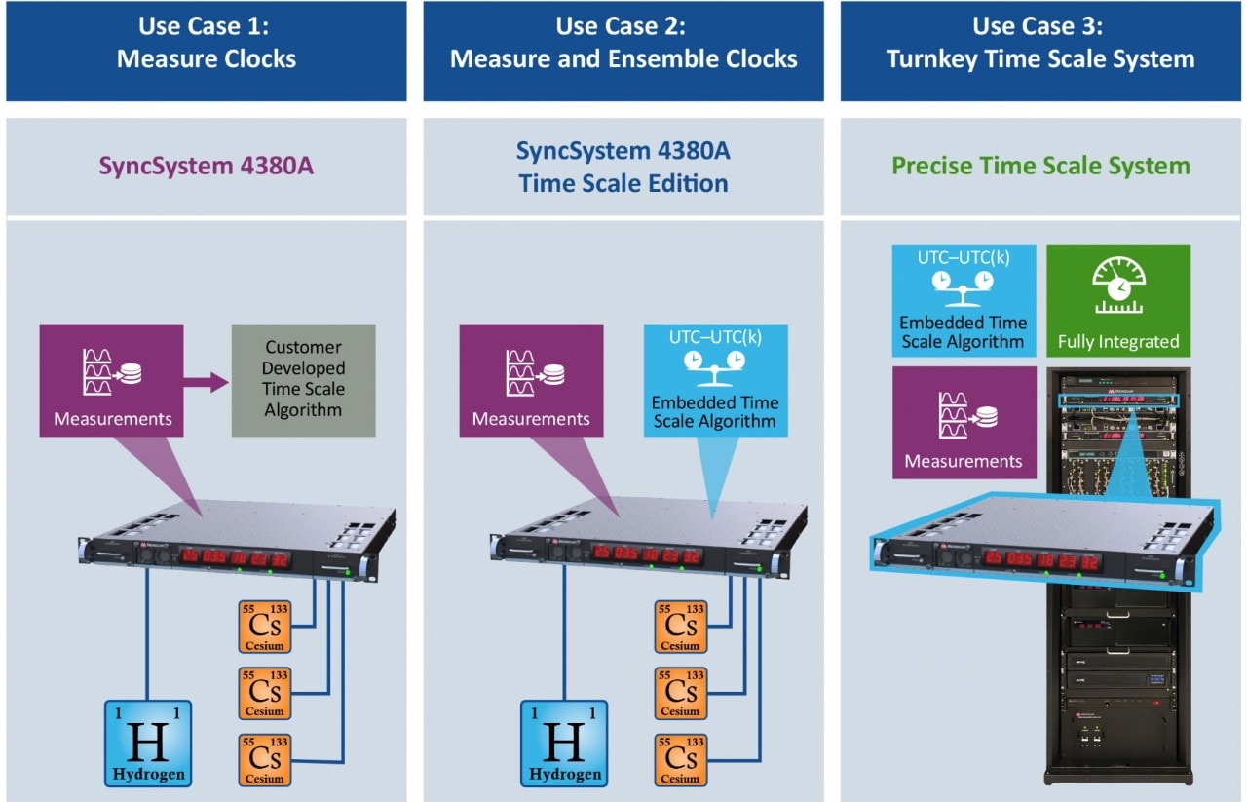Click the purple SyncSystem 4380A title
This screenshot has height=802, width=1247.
[x=207, y=167]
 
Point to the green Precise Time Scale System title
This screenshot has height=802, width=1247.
[x=1040, y=166]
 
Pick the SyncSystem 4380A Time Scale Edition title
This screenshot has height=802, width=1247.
[x=623, y=167]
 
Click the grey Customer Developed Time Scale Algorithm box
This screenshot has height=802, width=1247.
[x=302, y=379]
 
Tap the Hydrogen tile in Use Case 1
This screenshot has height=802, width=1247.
[x=148, y=744]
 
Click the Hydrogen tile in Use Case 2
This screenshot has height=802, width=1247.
[x=563, y=744]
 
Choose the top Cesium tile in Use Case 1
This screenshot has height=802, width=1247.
[x=263, y=626]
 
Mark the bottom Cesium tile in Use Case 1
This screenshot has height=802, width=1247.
[x=263, y=761]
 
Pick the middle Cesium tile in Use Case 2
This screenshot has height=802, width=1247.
[x=680, y=693]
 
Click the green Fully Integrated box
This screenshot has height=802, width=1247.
[x=1118, y=298]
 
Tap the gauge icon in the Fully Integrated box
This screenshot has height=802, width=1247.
[x=1118, y=284]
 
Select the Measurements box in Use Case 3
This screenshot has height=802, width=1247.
[x=964, y=422]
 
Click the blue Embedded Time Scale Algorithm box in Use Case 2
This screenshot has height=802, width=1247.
[x=715, y=380]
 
